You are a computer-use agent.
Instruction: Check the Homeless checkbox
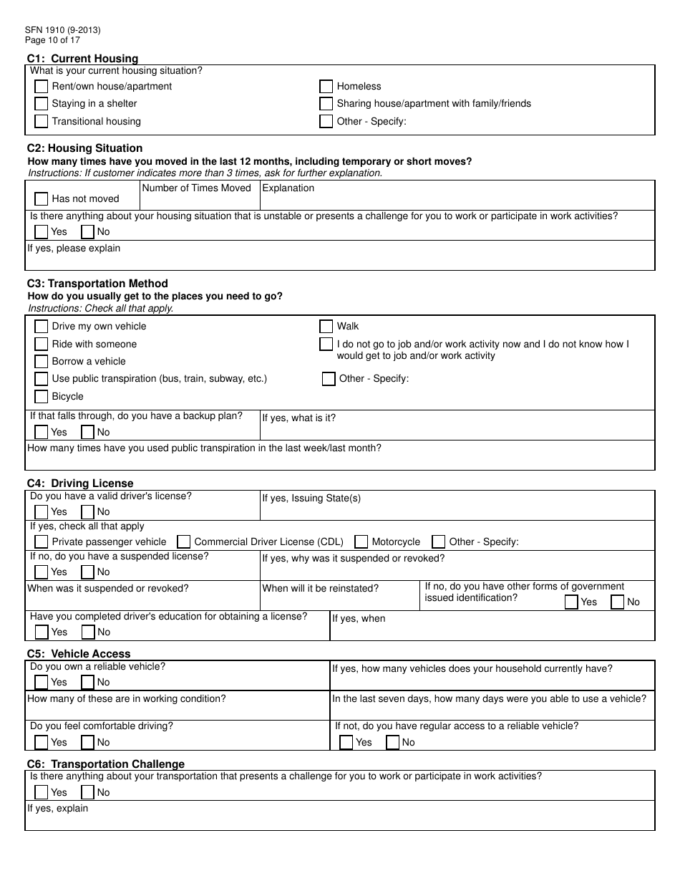tap(326, 87)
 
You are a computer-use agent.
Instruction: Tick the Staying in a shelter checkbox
tap(42, 104)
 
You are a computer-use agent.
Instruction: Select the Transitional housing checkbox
tap(42, 122)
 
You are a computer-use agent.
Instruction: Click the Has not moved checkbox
tap(42, 199)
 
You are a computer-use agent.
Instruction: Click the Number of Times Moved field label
tap(197, 188)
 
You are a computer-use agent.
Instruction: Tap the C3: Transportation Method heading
tap(97, 284)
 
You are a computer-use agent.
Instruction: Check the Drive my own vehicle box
tap(42, 327)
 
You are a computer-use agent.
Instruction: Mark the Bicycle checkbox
tap(42, 397)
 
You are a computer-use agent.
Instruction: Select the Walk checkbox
tap(326, 327)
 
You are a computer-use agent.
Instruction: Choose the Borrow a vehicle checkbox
tap(42, 362)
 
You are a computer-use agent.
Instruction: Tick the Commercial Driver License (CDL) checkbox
tap(184, 542)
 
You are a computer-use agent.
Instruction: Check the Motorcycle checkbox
tap(361, 542)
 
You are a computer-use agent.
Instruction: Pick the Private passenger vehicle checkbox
tap(42, 542)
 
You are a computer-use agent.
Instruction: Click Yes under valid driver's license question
tap(42, 512)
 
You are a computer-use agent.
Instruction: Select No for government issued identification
tap(617, 602)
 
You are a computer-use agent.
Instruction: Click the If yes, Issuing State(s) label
tap(311, 499)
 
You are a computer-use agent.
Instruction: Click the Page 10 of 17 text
tap(53, 40)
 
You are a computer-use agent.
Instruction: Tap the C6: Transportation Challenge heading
tap(106, 764)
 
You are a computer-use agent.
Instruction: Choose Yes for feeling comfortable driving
tap(42, 743)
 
